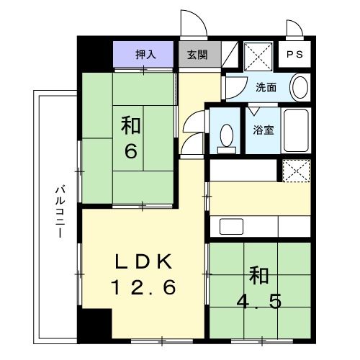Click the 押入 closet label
pos(144,53)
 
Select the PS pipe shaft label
pos(295,54)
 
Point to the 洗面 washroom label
pos(266,88)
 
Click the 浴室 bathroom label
pos(262,130)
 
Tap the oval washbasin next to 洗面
pos(300,88)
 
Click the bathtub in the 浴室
pos(295,130)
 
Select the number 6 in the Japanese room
pos(130,153)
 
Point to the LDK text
pos(143,260)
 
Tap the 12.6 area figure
pos(143,288)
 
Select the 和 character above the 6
pos(130,126)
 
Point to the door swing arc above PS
pos(295,29)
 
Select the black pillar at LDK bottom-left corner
pos(100,323)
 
